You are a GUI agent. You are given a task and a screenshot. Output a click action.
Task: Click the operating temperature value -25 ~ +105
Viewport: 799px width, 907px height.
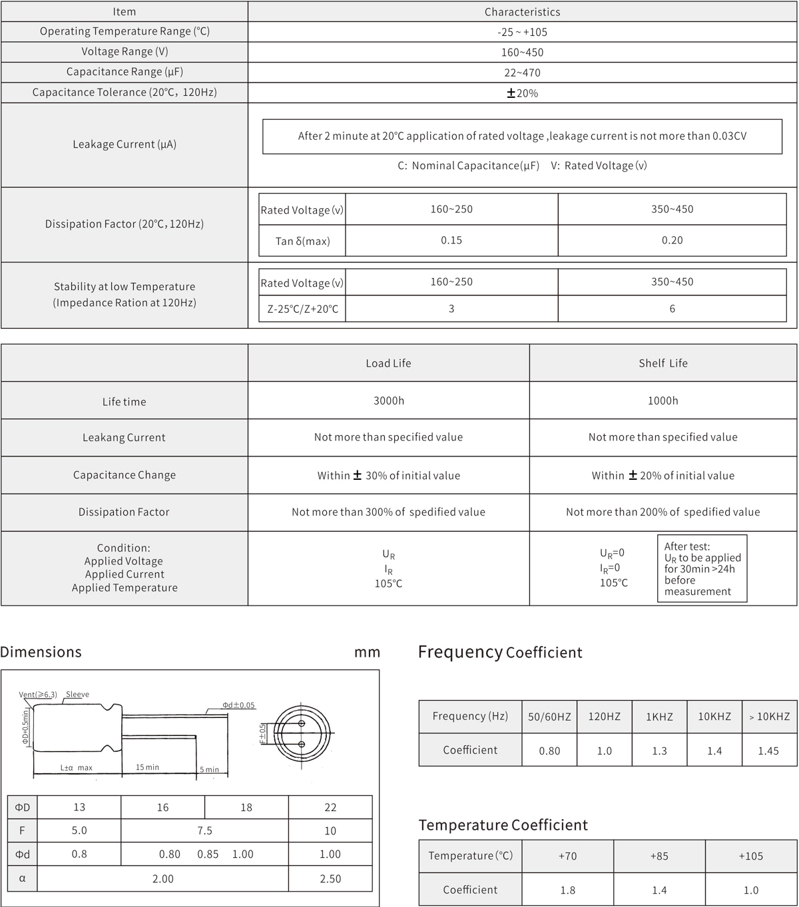coord(522,32)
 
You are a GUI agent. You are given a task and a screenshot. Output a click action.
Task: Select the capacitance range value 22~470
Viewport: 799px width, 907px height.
coord(522,73)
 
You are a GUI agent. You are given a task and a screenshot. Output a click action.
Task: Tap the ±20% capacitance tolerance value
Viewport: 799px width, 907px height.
coord(522,93)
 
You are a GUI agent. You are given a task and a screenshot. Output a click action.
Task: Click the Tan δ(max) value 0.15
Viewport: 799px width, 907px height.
coord(451,240)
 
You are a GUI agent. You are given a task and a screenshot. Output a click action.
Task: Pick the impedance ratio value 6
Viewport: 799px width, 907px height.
coord(672,309)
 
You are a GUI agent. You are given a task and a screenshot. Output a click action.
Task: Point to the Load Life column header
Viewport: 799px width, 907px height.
coord(388,363)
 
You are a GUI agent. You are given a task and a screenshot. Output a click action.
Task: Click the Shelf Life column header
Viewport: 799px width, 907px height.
coord(663,363)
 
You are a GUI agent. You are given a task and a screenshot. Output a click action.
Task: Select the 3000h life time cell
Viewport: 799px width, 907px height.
coord(388,401)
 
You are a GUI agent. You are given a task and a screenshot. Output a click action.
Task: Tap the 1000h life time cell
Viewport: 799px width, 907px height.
coord(663,401)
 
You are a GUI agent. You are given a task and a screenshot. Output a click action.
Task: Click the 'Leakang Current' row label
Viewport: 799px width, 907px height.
coord(124,438)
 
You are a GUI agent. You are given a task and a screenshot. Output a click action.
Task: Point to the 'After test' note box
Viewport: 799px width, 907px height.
coord(702,569)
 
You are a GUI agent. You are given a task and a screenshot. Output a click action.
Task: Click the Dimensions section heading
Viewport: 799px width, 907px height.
coord(41,652)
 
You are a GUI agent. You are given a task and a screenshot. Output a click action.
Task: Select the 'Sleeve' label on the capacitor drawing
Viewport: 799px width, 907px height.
coord(77,695)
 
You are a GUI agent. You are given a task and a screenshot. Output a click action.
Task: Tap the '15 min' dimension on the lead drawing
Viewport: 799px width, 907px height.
coord(147,767)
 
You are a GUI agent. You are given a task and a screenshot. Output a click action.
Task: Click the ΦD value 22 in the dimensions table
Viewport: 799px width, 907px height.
coord(330,808)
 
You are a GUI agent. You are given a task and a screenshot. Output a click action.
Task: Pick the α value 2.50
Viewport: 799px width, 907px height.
coord(330,879)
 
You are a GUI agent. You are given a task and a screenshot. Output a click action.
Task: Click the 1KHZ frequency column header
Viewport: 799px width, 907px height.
coord(659,717)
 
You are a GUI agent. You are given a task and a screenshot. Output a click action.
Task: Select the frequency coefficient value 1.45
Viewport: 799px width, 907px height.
coord(768,751)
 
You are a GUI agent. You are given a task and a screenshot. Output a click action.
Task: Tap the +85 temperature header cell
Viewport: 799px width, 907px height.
coord(659,856)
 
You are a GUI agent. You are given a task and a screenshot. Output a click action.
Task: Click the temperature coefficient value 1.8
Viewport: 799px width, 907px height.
coord(568,890)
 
